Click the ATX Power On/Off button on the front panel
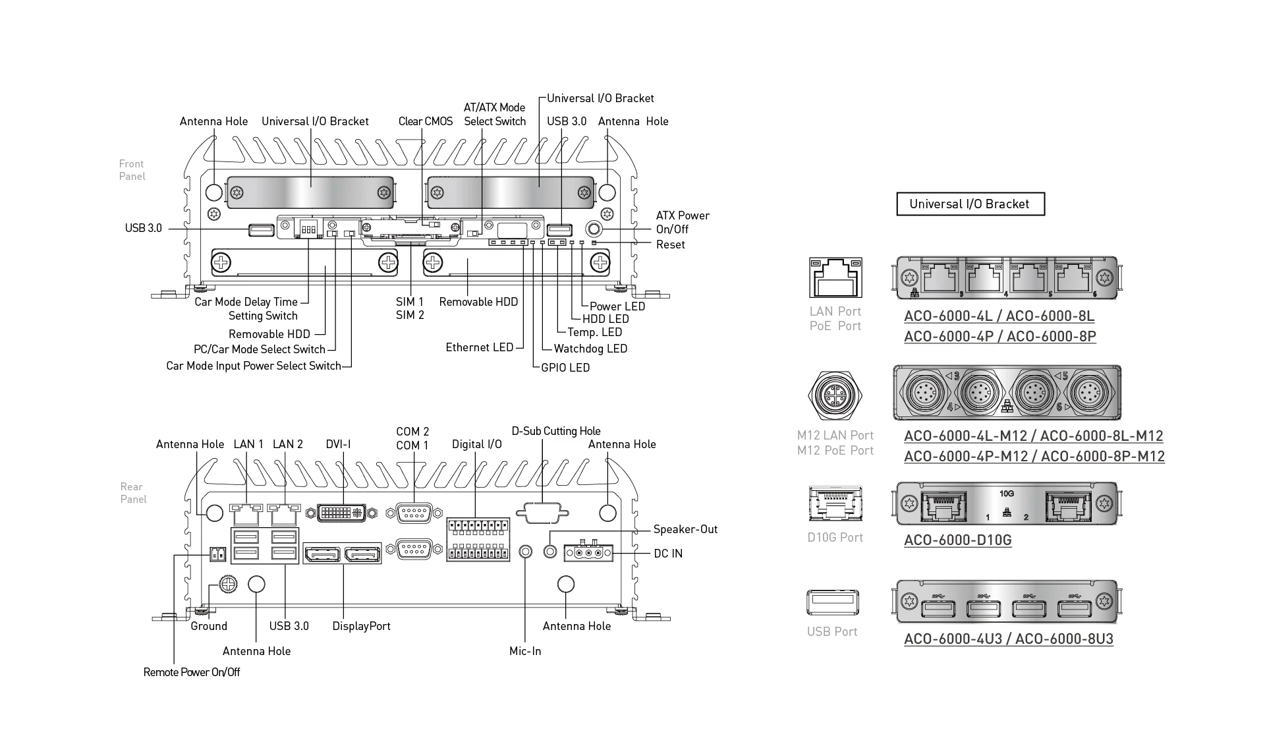(594, 229)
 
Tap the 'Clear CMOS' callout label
(425, 121)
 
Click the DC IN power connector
(588, 553)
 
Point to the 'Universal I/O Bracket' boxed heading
(970, 204)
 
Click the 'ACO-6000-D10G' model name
(957, 540)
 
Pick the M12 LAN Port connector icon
(835, 395)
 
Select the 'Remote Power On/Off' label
(192, 672)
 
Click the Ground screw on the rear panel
(227, 584)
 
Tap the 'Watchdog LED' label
(590, 349)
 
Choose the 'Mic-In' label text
(525, 651)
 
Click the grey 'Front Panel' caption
(132, 170)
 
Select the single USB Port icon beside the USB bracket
(833, 602)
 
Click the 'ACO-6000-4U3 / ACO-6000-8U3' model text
(1008, 639)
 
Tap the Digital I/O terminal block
(478, 539)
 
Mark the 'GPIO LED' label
(565, 368)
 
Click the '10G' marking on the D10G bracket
(1006, 494)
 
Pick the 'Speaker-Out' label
(685, 529)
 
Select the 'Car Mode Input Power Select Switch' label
(254, 366)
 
